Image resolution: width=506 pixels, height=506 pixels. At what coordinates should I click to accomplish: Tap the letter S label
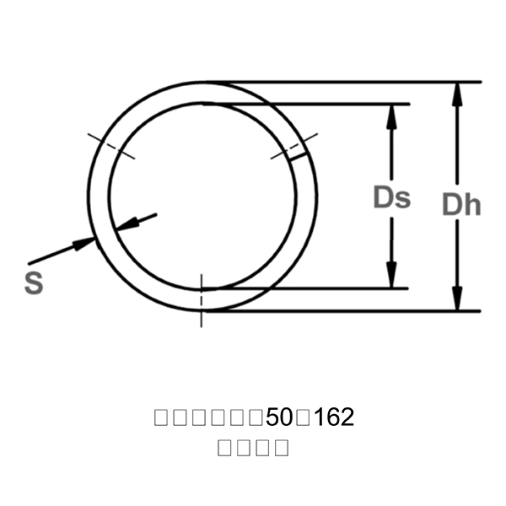pyautogui.click(x=34, y=283)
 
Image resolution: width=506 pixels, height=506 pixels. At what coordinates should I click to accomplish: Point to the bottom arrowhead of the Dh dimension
pyautogui.click(x=457, y=299)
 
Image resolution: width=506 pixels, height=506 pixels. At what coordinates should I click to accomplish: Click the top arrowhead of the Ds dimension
pyautogui.click(x=391, y=116)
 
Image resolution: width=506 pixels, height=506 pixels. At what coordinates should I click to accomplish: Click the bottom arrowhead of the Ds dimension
pyautogui.click(x=391, y=277)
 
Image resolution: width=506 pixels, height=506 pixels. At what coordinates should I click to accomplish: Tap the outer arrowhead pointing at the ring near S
pyautogui.click(x=84, y=243)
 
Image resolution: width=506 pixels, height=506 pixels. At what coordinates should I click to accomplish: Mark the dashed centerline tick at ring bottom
pyautogui.click(x=202, y=299)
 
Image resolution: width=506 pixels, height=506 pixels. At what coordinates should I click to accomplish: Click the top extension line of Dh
pyautogui.click(x=354, y=83)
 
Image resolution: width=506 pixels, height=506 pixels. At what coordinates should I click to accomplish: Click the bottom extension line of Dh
pyautogui.click(x=354, y=311)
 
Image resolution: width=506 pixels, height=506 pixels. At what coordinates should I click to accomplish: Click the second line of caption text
pyautogui.click(x=253, y=447)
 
